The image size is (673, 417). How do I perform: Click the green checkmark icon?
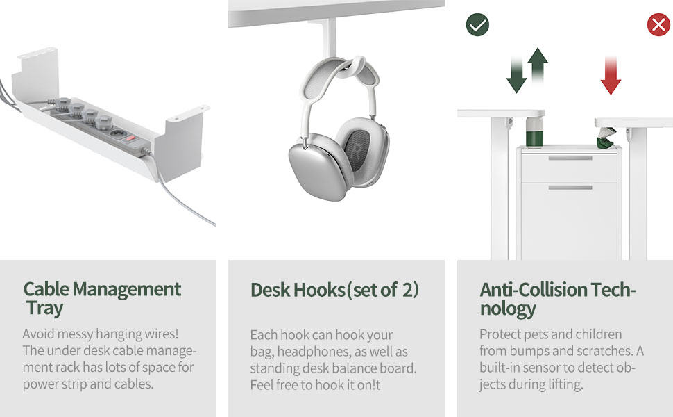(477, 26)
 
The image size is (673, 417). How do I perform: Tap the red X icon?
(658, 26)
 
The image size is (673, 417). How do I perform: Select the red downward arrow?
(611, 76)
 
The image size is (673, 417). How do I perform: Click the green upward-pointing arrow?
(537, 65)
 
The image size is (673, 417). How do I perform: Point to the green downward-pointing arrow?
(517, 76)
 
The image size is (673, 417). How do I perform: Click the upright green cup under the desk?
(533, 135)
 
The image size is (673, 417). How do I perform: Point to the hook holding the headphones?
(332, 42)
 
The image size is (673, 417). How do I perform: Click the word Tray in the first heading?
(45, 309)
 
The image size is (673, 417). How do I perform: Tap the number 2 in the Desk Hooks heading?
(409, 290)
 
